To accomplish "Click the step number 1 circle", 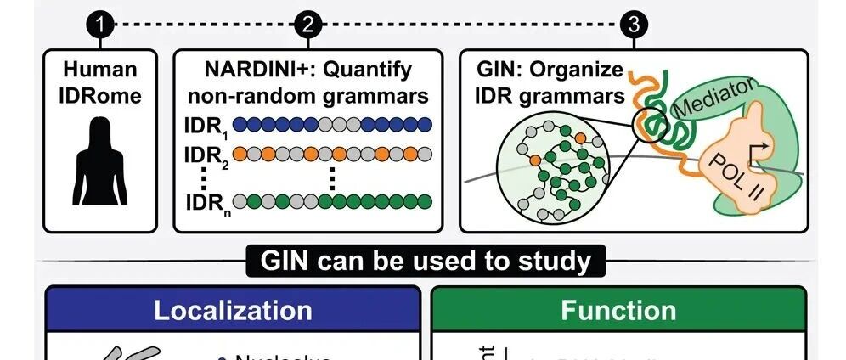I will coord(100,25).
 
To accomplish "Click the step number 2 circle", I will coord(307,25).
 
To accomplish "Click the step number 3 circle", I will coord(633,25).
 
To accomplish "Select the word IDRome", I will coord(100,95).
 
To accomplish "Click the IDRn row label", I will coord(206,203).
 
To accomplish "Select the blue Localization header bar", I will coord(232,309).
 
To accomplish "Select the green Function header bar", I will coord(618,309).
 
